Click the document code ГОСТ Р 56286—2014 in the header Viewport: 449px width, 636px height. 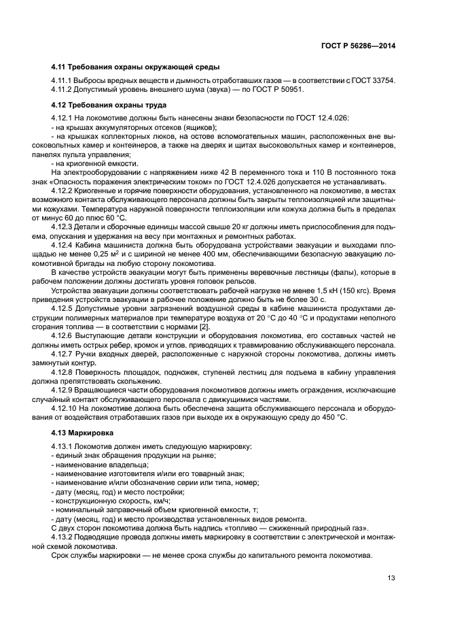[x=357, y=46]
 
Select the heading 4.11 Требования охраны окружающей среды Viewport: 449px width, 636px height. [x=135, y=67]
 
